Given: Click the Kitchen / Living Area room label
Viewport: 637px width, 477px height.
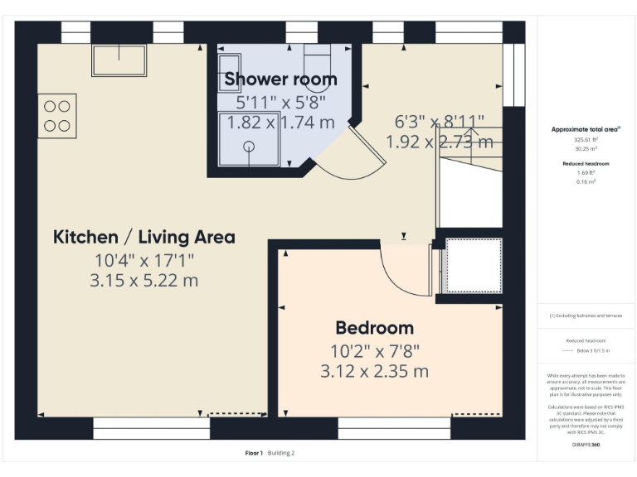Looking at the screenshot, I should click(143, 238).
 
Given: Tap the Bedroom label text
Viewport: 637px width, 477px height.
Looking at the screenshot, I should click(374, 327).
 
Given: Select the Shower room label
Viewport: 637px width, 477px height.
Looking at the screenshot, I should click(280, 79).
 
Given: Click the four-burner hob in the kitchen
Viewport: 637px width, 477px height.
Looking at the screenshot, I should click(56, 115).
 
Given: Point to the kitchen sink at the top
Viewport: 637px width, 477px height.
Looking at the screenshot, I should click(119, 60).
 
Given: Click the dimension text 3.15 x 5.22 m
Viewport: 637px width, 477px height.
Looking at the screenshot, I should click(143, 281).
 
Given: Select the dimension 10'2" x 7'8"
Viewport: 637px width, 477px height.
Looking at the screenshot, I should click(374, 349).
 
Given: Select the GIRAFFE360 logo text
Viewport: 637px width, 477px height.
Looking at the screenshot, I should click(586, 446).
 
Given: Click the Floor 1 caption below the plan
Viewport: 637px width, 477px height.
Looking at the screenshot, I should click(254, 453).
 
